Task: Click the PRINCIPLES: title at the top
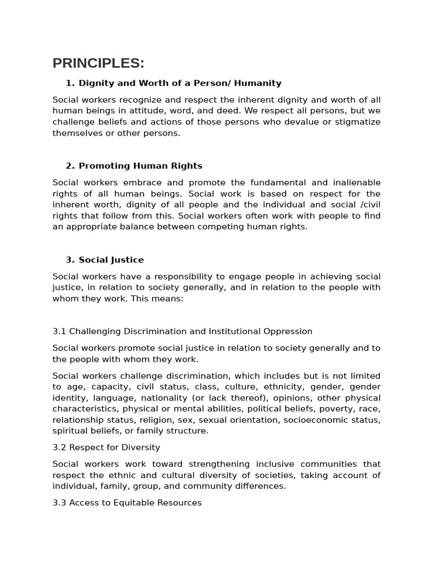(98, 63)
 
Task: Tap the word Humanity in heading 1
(258, 83)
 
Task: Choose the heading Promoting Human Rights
(140, 166)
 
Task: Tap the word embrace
(149, 182)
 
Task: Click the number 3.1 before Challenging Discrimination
(59, 331)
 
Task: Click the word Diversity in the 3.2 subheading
(140, 447)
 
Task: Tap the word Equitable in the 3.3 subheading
(125, 502)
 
